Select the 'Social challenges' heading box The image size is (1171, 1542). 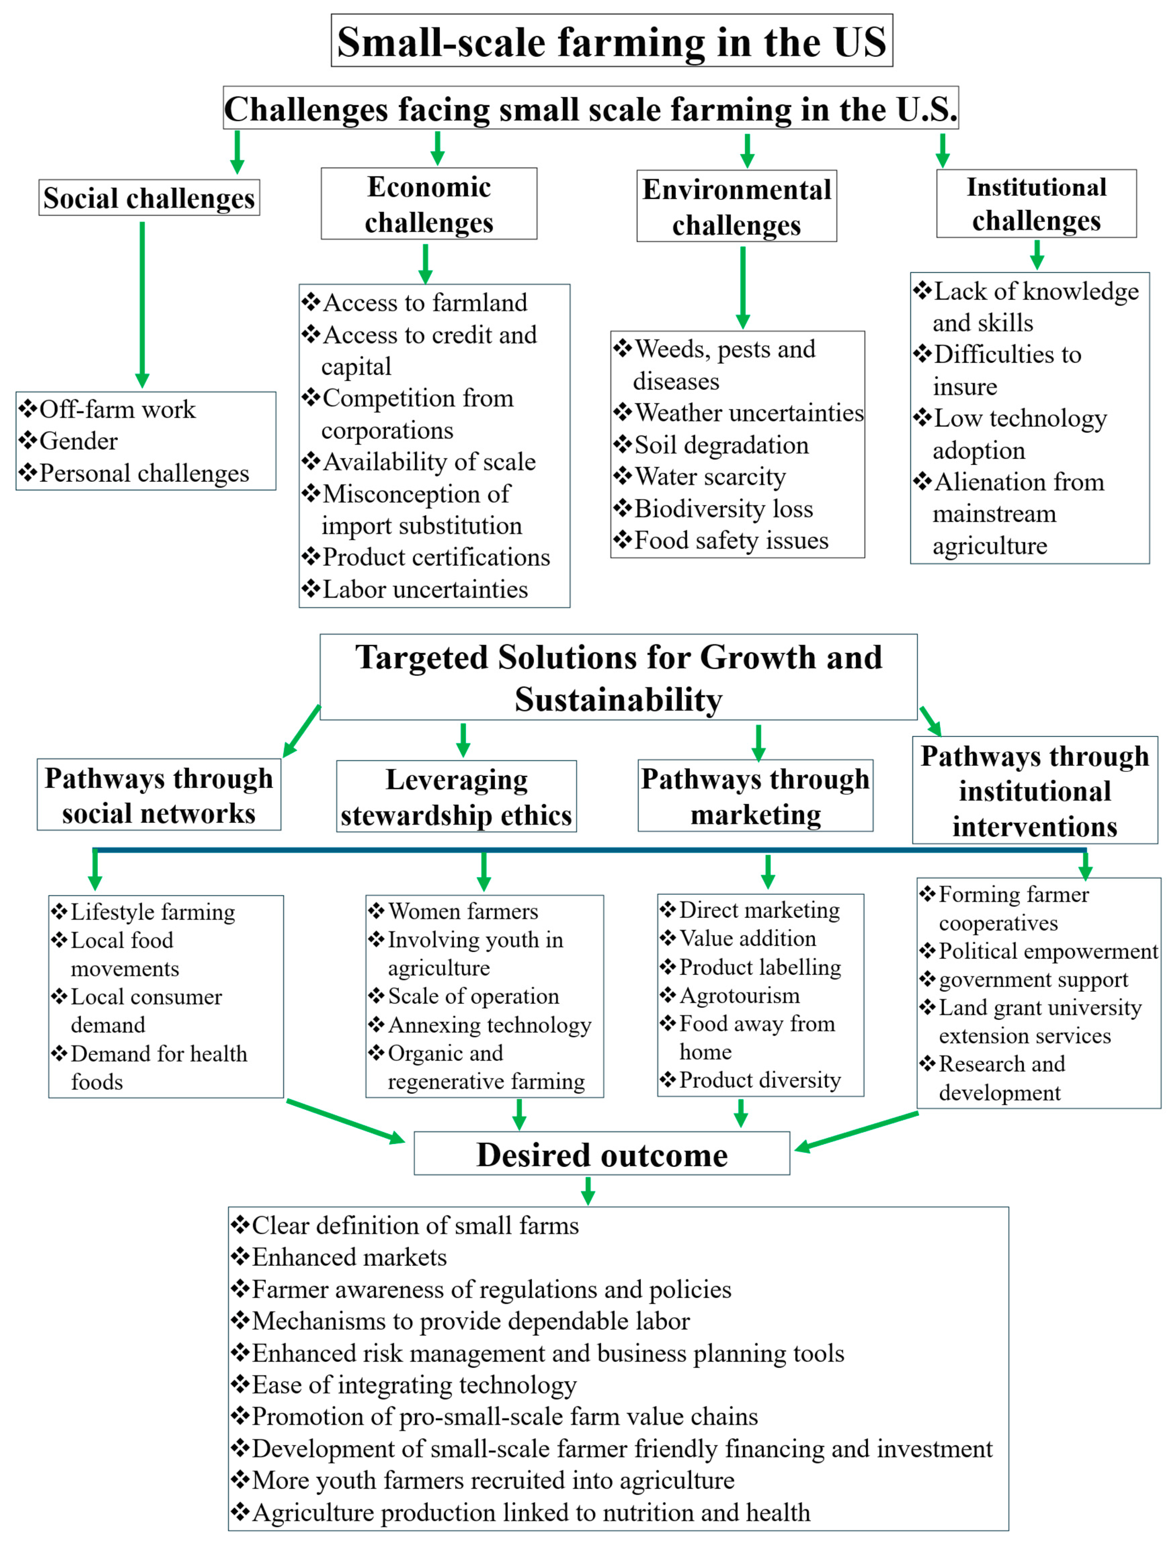tap(149, 198)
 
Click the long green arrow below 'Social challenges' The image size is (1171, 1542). tap(142, 303)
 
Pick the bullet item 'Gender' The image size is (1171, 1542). tap(78, 441)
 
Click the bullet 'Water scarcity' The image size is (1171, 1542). tap(710, 477)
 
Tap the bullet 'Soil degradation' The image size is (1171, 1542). tap(721, 445)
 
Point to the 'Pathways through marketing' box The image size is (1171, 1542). tap(755, 796)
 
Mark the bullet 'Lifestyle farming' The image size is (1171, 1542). tap(153, 912)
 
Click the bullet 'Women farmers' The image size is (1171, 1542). tap(463, 912)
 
